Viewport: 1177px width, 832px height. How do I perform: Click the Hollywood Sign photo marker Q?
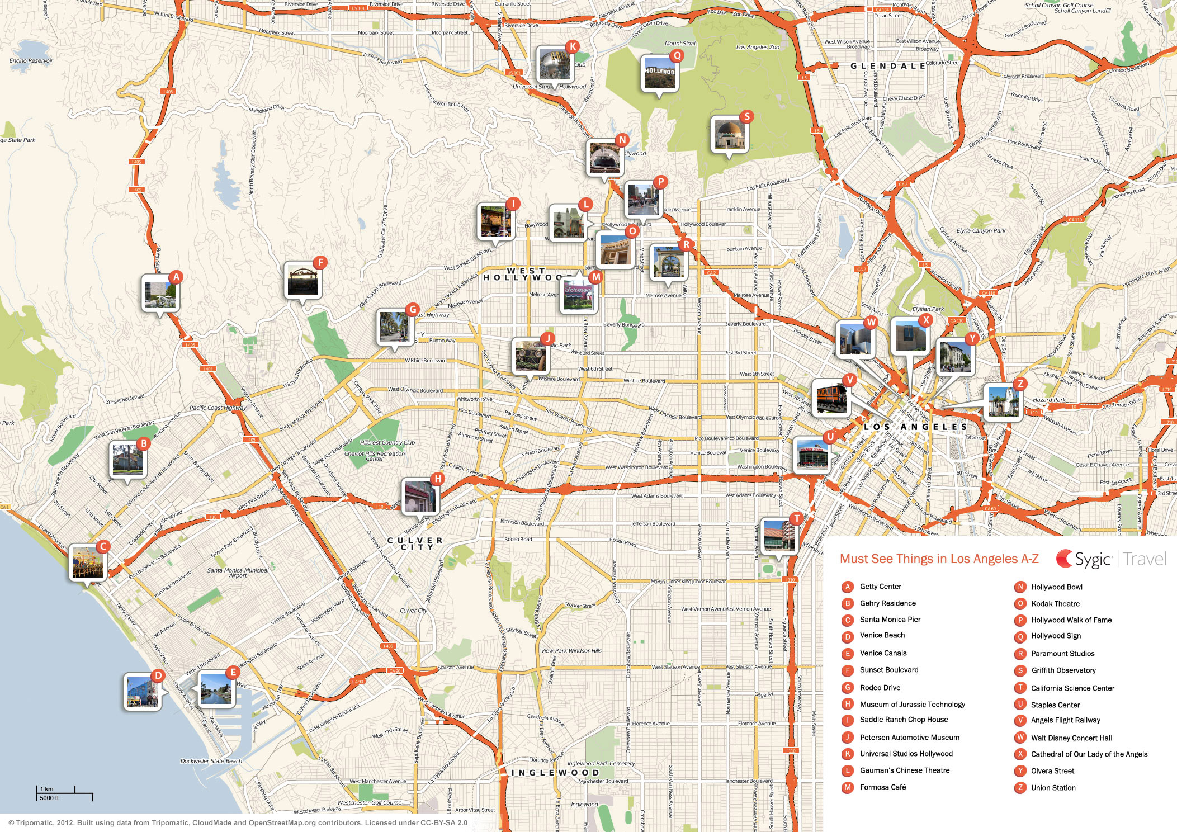pos(660,73)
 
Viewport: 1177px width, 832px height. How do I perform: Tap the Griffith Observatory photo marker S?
pos(729,134)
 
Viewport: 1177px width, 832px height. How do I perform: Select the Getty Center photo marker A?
pos(160,293)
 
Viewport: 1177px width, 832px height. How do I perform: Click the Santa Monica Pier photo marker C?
pos(88,562)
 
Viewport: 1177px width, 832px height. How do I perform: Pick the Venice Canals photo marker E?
pos(216,688)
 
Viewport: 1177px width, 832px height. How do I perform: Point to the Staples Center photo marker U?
pos(811,455)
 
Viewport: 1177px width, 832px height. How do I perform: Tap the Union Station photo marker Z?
pos(1003,401)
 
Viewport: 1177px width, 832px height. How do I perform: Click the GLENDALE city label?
pos(887,66)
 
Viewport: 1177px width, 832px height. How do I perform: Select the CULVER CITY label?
pos(415,543)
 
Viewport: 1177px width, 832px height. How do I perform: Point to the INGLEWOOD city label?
pos(555,773)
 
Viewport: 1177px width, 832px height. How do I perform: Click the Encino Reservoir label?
pos(31,60)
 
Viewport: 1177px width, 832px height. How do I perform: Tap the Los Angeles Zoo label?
pos(757,48)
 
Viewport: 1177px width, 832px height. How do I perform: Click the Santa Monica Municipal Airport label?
pos(238,573)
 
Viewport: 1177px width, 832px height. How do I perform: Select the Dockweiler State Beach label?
pos(211,761)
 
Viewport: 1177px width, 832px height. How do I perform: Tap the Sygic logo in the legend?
pos(1083,559)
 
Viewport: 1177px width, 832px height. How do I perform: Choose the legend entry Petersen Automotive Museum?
pos(909,738)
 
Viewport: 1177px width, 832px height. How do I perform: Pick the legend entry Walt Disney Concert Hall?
pos(1071,738)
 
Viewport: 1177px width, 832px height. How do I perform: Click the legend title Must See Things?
pos(939,559)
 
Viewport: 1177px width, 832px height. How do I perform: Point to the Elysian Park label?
pos(928,309)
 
